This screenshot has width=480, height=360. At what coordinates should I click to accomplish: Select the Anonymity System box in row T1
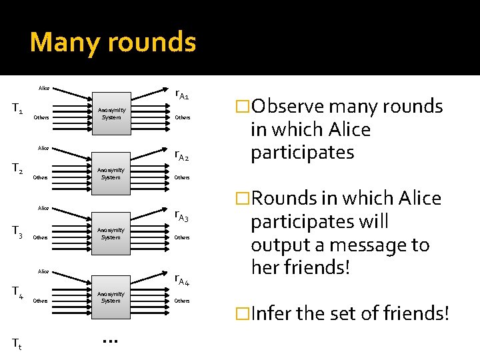(x=111, y=113)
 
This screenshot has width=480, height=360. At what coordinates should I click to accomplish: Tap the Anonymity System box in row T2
(x=111, y=173)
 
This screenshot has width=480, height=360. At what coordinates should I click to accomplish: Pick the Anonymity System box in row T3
(x=111, y=233)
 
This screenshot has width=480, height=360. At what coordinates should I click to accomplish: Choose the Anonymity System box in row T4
(x=111, y=297)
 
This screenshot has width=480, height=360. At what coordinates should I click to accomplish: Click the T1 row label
(x=17, y=107)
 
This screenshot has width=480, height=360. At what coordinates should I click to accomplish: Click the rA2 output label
(x=182, y=156)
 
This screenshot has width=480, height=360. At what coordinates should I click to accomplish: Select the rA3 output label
(x=182, y=216)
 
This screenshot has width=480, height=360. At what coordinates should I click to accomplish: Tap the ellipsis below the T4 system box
(x=111, y=341)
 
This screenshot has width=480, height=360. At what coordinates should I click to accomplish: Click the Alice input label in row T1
(x=44, y=88)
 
